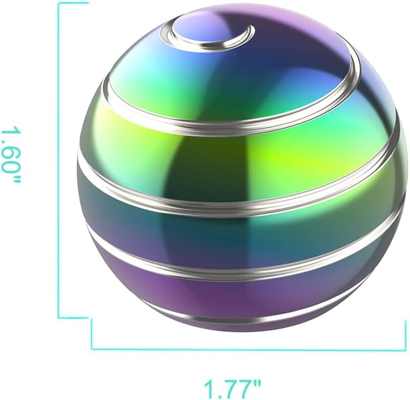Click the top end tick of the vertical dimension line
coord(72,3)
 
